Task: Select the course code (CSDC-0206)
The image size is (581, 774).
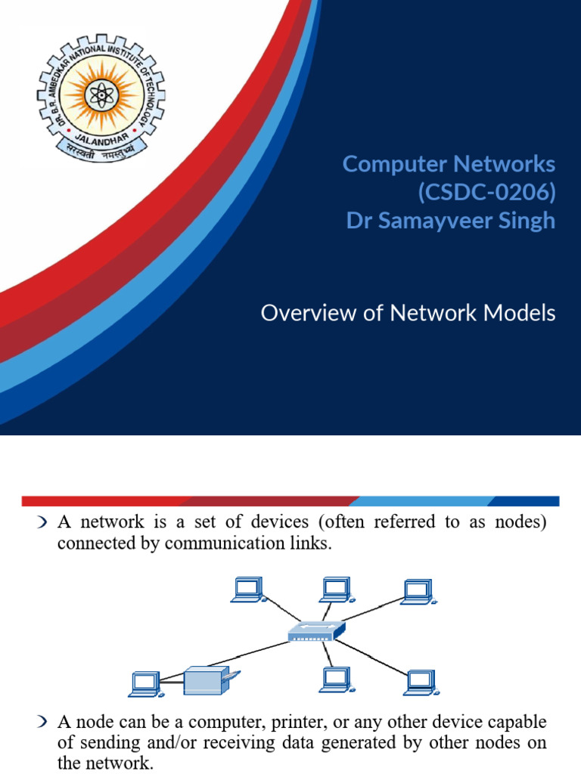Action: pyautogui.click(x=486, y=193)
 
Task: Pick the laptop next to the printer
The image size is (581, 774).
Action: pyautogui.click(x=144, y=683)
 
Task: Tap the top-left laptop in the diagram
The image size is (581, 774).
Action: pyautogui.click(x=248, y=590)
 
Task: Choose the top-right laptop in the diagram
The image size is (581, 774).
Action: pyautogui.click(x=416, y=592)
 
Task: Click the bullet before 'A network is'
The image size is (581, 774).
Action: pyautogui.click(x=42, y=523)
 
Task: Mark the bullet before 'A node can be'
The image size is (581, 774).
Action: pyautogui.click(x=42, y=723)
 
